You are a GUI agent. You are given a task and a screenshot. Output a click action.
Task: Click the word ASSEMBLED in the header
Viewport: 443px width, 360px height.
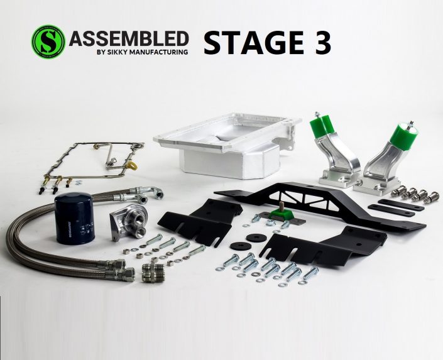[128, 38]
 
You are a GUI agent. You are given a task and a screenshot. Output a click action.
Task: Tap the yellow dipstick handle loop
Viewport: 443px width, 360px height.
[133, 167]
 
